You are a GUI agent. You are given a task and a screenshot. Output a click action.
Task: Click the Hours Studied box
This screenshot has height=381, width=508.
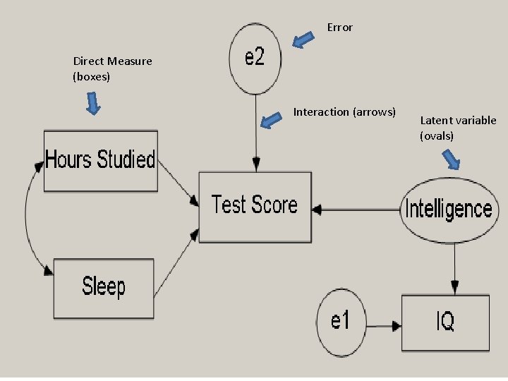tap(99, 160)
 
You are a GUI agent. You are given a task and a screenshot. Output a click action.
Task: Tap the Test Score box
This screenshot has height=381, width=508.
tap(255, 206)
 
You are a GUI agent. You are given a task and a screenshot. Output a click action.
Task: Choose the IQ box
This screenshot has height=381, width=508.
tap(445, 322)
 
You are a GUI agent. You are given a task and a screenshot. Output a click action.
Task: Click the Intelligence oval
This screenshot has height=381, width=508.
tap(447, 209)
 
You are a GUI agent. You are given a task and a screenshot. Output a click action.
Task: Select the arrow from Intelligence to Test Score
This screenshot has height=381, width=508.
tap(356, 209)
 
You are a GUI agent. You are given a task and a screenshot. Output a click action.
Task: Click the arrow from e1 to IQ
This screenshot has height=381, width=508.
tap(382, 326)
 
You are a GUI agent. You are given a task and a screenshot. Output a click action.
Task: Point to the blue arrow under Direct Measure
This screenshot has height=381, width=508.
tap(93, 105)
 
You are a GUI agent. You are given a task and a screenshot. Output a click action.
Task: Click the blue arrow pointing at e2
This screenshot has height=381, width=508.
tap(303, 40)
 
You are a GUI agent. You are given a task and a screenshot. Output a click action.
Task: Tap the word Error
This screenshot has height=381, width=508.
tap(339, 28)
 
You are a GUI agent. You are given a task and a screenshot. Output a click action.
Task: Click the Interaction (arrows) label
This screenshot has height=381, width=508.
tap(344, 112)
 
